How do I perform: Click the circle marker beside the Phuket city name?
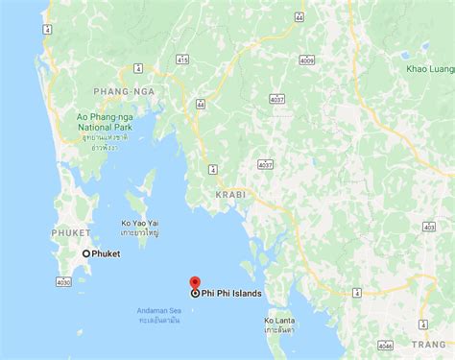[x=86, y=253]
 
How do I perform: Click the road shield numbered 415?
[x=183, y=60]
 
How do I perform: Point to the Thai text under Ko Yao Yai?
[x=140, y=231]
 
